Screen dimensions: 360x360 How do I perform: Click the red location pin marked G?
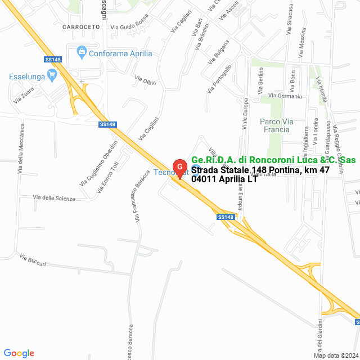(x=179, y=168)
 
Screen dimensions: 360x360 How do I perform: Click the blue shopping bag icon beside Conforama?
(x=82, y=53)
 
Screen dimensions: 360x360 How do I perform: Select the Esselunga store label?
(x=28, y=76)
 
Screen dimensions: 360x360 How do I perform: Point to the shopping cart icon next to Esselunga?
(x=53, y=74)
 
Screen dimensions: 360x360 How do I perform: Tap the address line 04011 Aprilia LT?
(x=224, y=179)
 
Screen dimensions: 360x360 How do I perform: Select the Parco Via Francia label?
(x=275, y=125)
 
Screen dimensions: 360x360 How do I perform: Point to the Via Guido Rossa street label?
(x=129, y=26)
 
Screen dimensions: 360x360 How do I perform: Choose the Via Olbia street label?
(x=145, y=81)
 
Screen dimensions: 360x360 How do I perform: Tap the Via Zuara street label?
(x=25, y=96)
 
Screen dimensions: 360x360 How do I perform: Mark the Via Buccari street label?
(x=32, y=259)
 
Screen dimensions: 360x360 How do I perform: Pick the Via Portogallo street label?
(x=219, y=79)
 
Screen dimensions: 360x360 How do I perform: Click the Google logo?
(x=19, y=353)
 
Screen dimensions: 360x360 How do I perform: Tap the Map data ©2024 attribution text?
(x=335, y=355)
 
